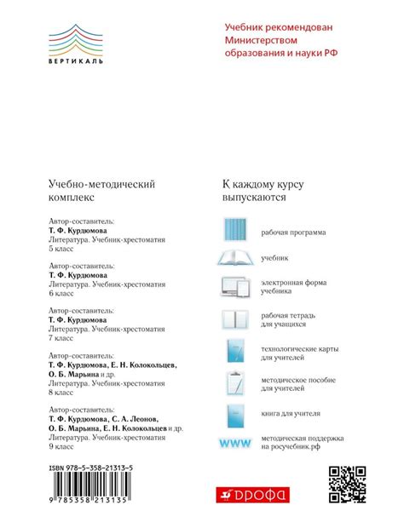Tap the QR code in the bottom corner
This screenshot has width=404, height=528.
point(347,485)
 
